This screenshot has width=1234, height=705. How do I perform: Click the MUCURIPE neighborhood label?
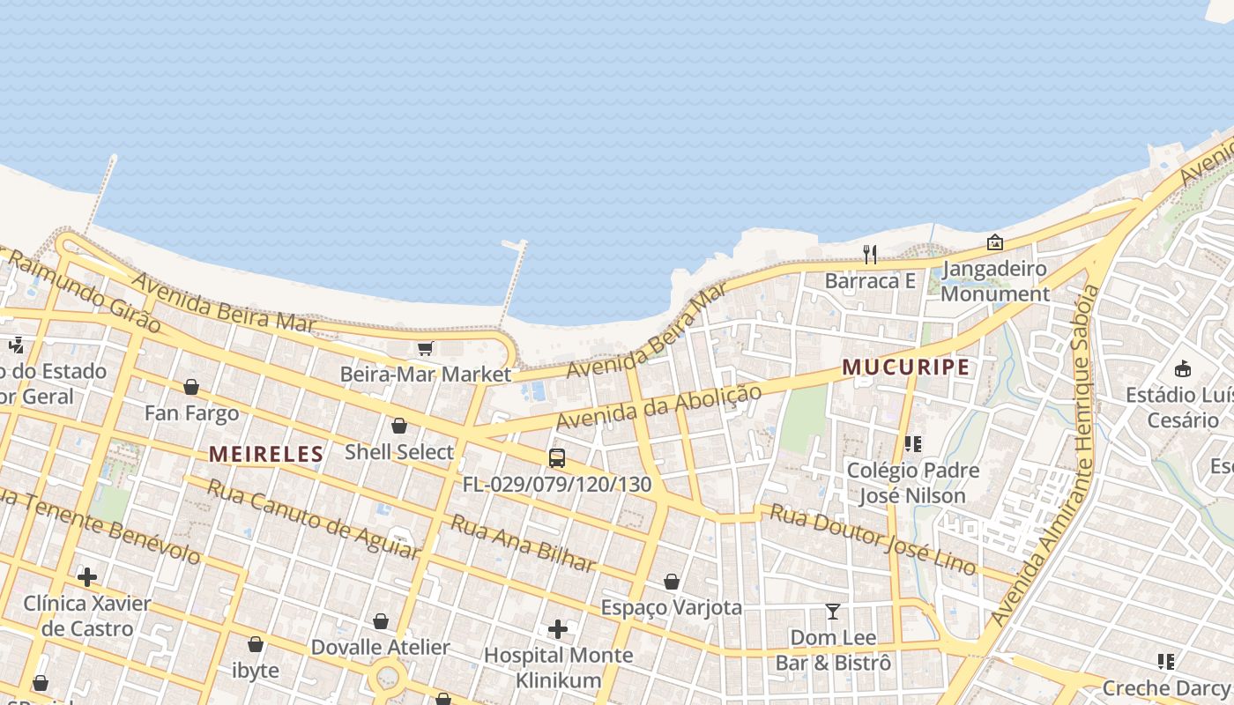point(906,367)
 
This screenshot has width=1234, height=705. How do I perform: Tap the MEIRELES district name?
point(266,454)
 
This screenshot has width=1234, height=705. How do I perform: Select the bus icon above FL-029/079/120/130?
point(557,458)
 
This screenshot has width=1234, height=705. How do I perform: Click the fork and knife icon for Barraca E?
point(870,255)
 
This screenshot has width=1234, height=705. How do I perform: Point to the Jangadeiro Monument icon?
point(995,242)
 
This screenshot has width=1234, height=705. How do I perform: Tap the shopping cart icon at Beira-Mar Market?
point(426,348)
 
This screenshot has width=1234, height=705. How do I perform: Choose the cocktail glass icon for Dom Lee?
point(833,611)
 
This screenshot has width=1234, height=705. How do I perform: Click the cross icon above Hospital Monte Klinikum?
point(558,629)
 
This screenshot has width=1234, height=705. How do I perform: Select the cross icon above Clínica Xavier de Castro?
point(87,577)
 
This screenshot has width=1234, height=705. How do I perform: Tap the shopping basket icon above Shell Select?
point(399,427)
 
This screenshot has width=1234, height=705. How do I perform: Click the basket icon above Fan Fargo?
point(191,387)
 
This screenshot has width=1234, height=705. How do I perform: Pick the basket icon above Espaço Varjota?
point(672,582)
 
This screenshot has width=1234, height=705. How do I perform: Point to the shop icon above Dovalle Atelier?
point(381,621)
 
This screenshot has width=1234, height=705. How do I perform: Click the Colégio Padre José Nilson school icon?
point(912,444)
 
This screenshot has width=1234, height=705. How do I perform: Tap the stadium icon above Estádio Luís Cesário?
point(1183,368)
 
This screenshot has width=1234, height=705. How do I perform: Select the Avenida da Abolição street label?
point(658,406)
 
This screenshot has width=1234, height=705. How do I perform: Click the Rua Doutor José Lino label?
point(873,538)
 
